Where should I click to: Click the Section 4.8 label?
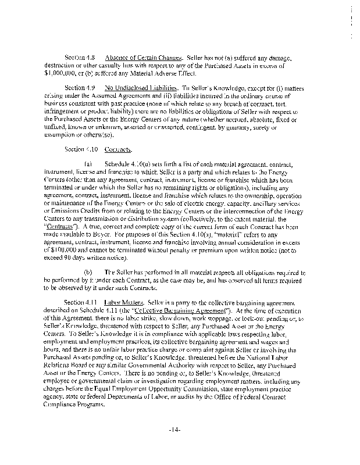(81, 58)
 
